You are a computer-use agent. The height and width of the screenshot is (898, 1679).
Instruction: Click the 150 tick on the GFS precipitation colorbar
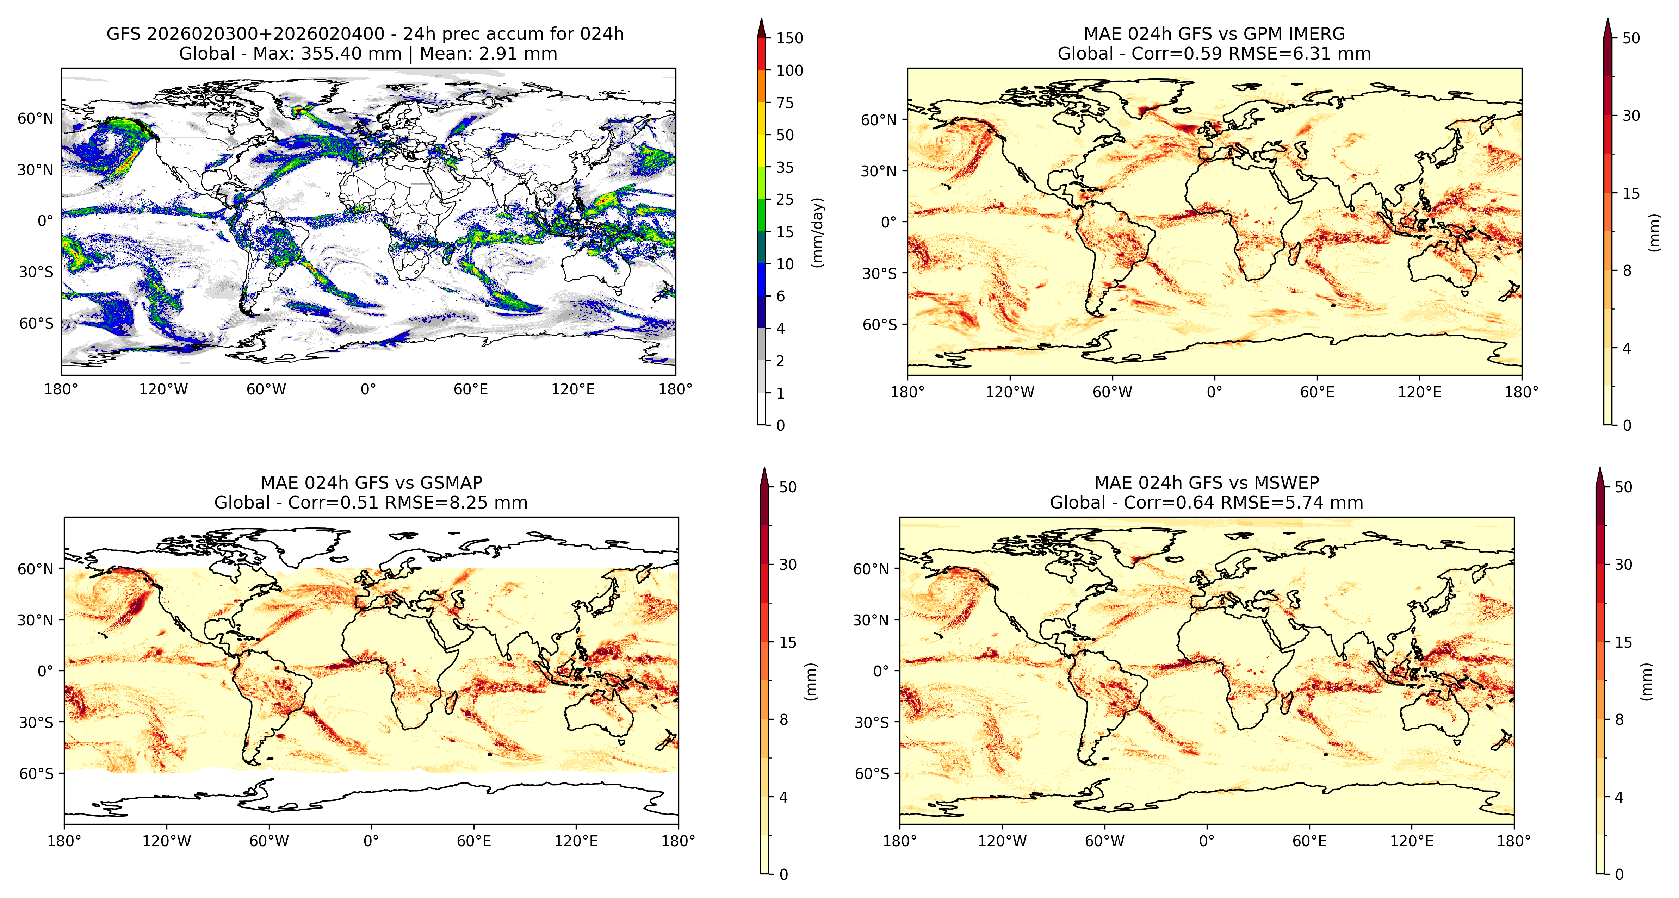[789, 38]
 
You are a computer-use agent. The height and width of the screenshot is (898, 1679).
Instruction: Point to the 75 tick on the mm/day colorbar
[785, 102]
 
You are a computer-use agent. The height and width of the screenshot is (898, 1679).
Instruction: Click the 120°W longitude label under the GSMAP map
[167, 841]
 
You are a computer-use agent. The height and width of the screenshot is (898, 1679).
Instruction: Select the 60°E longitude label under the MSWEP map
[1309, 841]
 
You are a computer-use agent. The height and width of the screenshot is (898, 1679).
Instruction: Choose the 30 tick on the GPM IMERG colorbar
[1631, 116]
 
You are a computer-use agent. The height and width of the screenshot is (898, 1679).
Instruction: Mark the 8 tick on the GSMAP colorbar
[783, 719]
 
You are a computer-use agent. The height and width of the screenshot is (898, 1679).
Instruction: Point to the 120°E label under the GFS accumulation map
[573, 390]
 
